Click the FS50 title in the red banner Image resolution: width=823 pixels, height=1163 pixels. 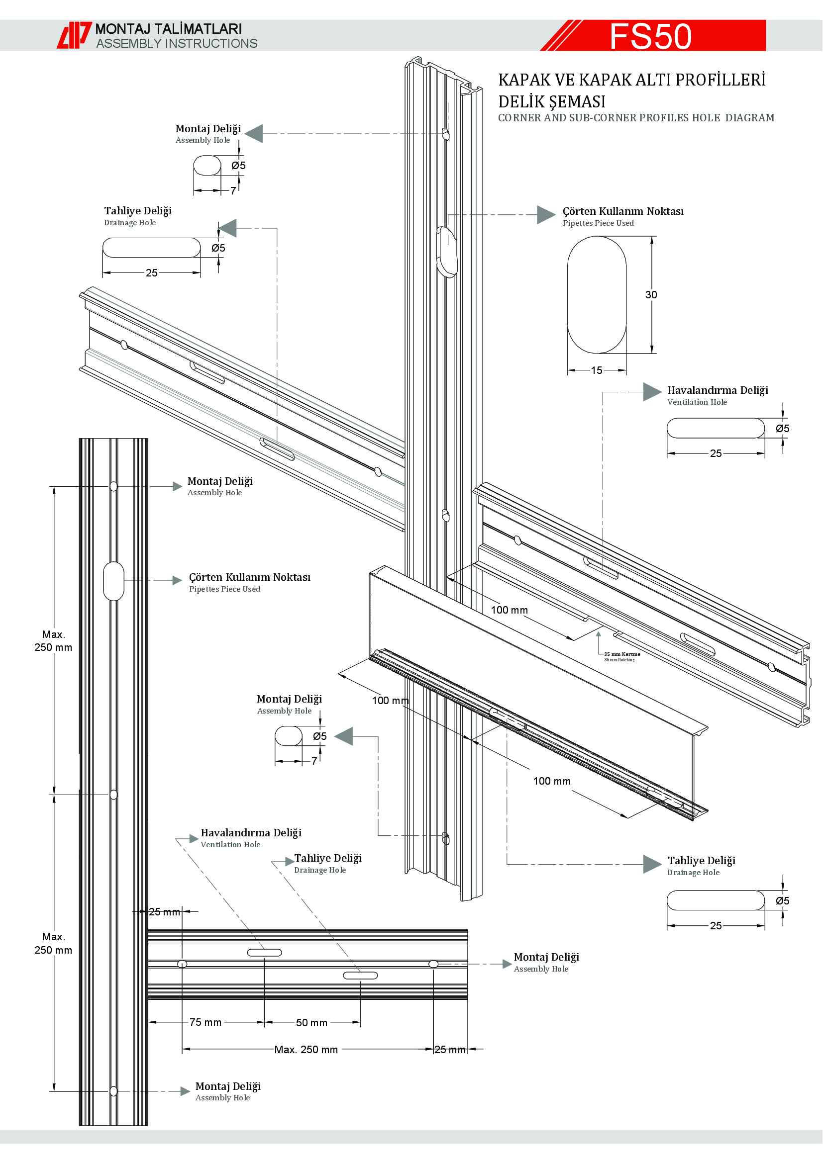coord(650,36)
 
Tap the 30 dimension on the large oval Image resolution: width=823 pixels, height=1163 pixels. coord(651,295)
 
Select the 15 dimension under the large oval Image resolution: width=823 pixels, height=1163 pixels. coord(597,370)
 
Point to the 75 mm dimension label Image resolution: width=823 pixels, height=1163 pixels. coord(205,1022)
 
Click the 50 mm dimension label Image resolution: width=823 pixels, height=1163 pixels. coord(311,1023)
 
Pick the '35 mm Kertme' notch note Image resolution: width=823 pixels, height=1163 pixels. coord(622,654)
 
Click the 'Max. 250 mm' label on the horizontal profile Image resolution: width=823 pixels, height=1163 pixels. coord(306,1050)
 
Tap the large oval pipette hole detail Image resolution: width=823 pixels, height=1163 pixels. coord(597,295)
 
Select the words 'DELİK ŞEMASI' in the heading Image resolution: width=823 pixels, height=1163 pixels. coord(551,102)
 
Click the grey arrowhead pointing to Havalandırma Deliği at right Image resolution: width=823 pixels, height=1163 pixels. coord(652,391)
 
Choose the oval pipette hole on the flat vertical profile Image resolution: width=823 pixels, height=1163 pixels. coord(113,581)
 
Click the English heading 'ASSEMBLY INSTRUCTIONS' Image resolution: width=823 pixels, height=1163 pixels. coord(177,44)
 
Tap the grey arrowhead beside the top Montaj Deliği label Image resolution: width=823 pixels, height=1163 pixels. coord(254,133)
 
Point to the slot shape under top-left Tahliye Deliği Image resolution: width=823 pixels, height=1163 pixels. coord(152,248)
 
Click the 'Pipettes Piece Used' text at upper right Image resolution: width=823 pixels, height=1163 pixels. coord(598,223)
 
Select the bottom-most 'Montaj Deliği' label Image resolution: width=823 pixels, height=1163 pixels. coord(228,1086)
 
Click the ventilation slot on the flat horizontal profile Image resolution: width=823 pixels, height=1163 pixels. coord(264,953)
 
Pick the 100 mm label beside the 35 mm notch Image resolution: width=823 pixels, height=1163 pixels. coord(510,610)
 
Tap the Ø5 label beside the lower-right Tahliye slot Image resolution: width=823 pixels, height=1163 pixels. coord(782,900)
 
